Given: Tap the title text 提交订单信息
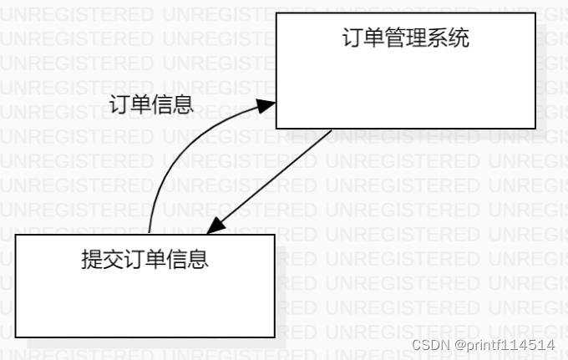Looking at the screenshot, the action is (x=145, y=260).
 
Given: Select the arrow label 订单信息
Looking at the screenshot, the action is (x=152, y=104).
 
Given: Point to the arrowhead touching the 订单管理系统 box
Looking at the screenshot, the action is (x=266, y=105).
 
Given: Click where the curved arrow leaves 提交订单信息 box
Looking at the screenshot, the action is (x=150, y=234).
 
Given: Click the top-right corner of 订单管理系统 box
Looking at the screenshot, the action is (x=535, y=13).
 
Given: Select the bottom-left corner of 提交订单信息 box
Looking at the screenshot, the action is (x=17, y=337).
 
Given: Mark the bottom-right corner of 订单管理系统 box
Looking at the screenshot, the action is (x=535, y=129).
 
